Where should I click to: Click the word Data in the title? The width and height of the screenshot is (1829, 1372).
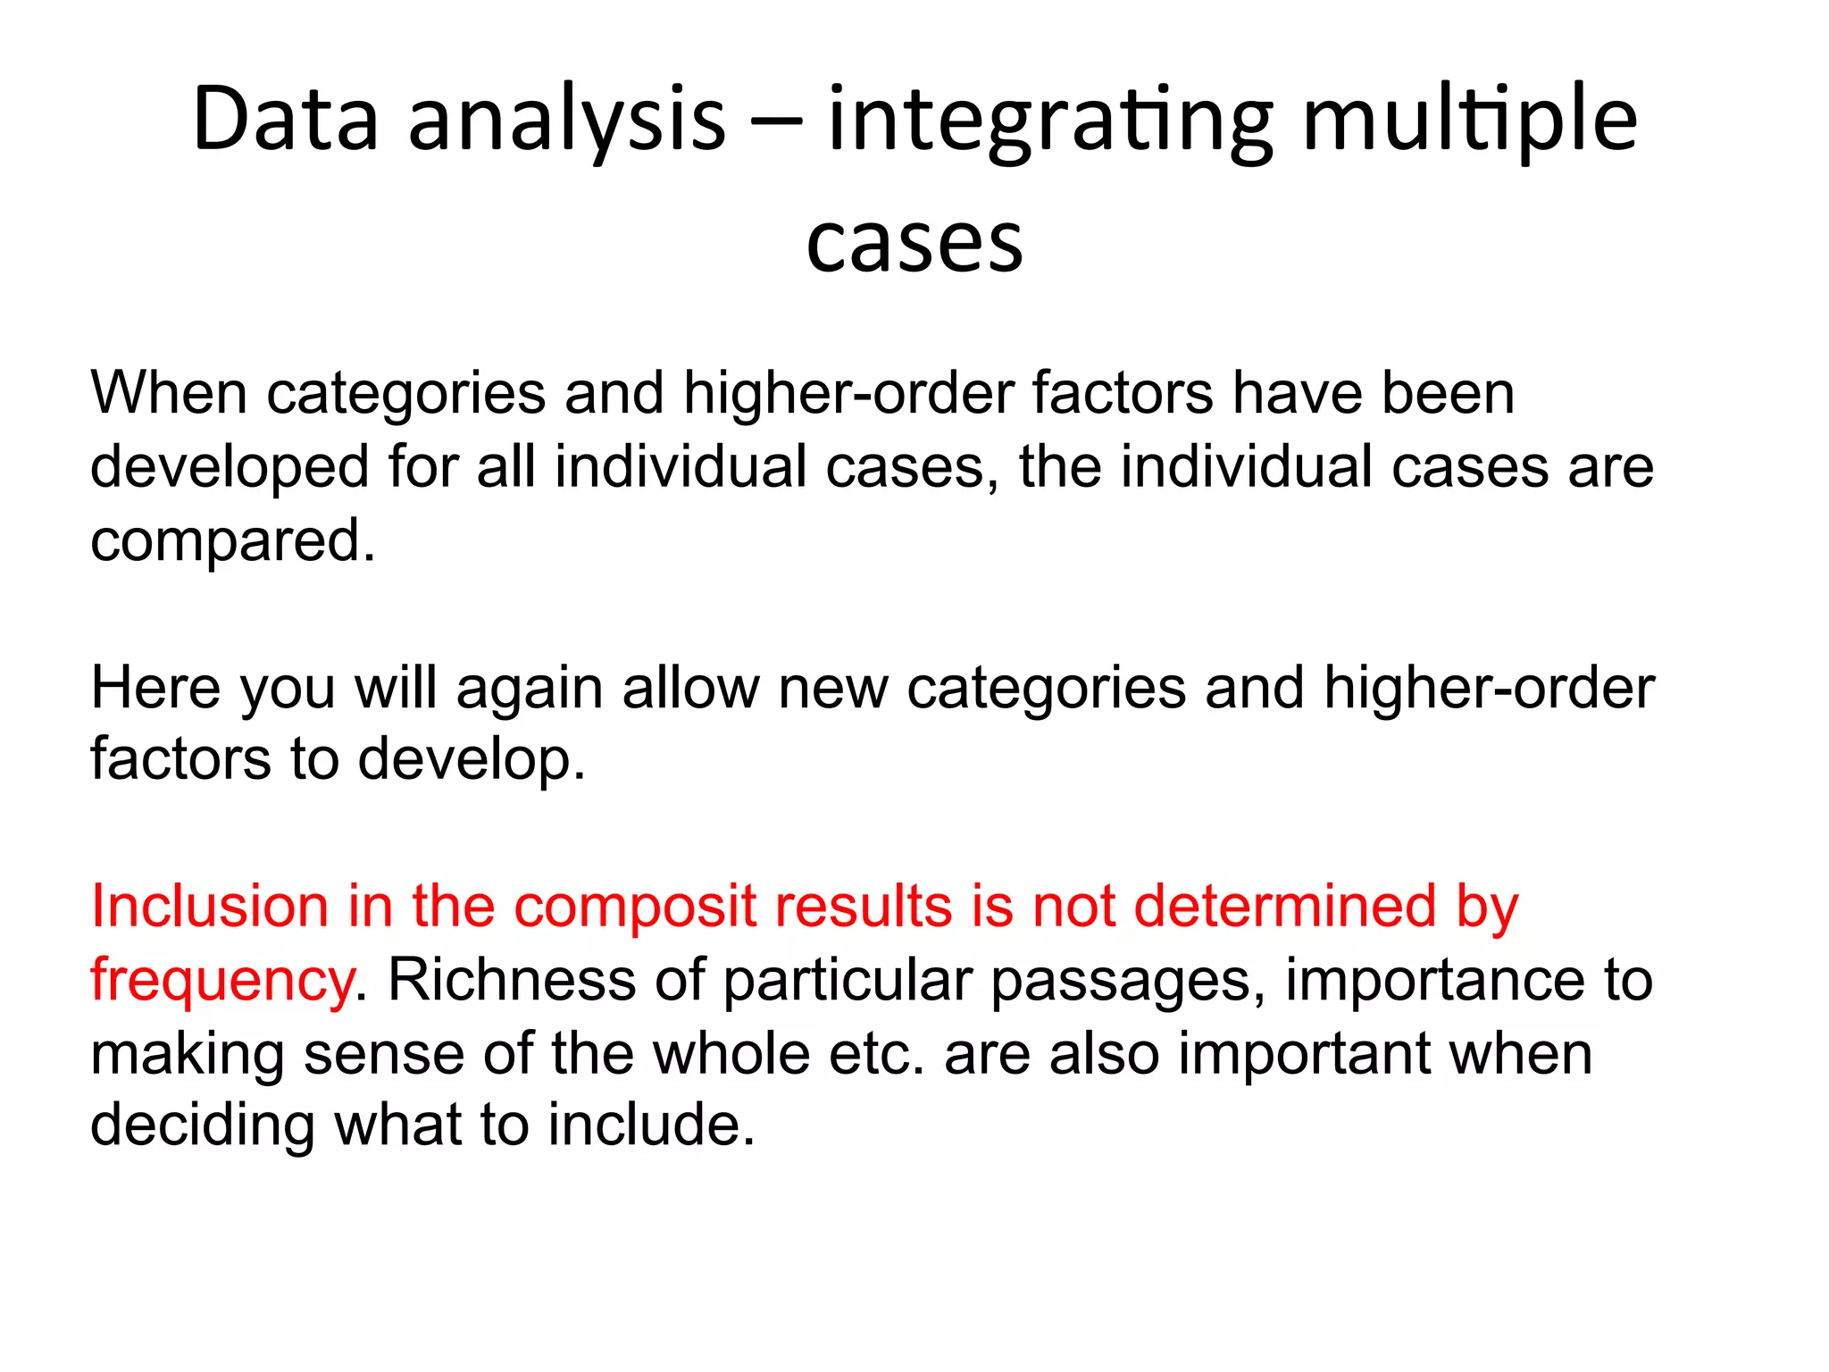[x=286, y=120]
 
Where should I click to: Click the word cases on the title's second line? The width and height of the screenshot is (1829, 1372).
[x=914, y=243]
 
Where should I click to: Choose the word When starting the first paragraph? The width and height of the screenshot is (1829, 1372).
[x=169, y=393]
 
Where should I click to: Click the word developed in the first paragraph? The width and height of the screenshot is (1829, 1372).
[x=230, y=468]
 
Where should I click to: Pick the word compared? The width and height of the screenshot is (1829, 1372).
[x=232, y=541]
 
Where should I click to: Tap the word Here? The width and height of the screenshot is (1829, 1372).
[x=155, y=688]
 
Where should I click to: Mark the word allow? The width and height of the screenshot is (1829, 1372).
[x=690, y=688]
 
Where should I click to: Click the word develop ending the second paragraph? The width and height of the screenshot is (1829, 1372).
[x=472, y=761]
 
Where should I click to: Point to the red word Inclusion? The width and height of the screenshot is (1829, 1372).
[x=210, y=907]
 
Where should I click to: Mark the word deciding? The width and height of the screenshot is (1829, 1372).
[x=203, y=1125]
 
